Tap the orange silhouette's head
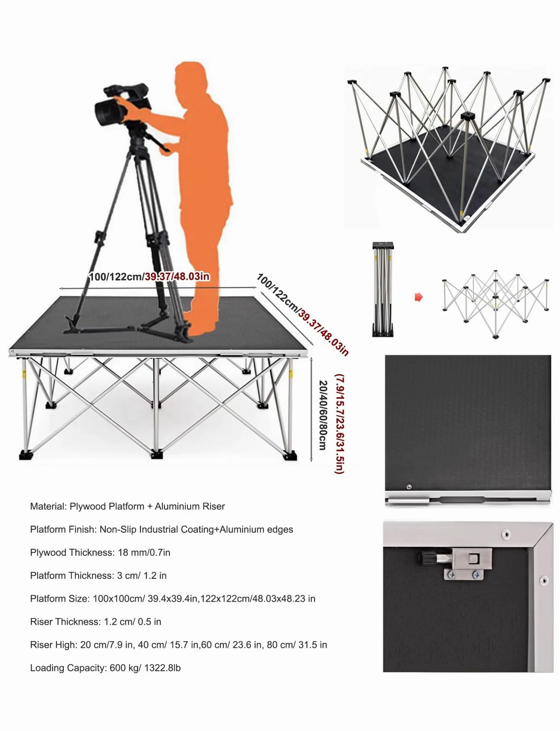point(190,76)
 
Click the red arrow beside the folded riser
point(419,297)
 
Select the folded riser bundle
point(383,289)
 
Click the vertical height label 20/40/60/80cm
point(323,415)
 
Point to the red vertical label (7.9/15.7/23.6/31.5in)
point(339,424)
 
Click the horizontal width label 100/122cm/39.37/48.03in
point(149,277)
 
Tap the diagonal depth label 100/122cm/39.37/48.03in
point(303,314)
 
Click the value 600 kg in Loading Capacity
point(123,668)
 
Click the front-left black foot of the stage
point(26,455)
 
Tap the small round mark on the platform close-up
point(409,487)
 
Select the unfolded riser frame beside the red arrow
point(495,304)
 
